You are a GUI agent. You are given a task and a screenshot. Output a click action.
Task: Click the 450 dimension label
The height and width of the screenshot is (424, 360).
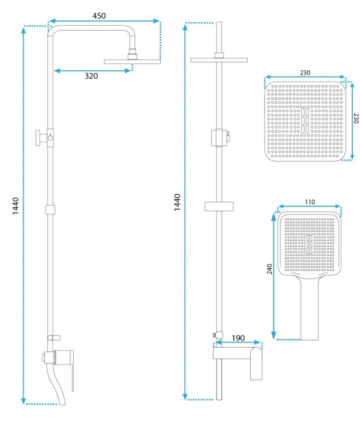[x=99, y=16]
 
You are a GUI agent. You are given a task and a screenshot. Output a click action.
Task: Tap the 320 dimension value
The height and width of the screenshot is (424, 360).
[x=91, y=76]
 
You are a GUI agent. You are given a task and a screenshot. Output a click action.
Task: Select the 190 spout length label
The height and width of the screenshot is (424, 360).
[x=238, y=338]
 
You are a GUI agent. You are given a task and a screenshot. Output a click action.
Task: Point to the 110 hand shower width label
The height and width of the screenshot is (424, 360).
[x=310, y=202]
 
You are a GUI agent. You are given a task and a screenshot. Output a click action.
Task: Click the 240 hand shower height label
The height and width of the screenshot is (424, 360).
[x=269, y=269]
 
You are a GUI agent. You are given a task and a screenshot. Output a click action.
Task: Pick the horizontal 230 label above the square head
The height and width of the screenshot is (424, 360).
[x=305, y=73]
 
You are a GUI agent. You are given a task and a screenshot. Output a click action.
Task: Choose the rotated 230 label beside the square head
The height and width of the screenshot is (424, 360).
[x=356, y=118]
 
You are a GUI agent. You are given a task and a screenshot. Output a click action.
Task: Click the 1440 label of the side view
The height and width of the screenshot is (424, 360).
[x=16, y=206]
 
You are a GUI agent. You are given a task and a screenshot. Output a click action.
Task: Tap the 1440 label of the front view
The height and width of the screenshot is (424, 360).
[x=177, y=202]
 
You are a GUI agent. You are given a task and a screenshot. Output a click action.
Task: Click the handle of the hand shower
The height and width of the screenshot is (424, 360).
[x=310, y=311]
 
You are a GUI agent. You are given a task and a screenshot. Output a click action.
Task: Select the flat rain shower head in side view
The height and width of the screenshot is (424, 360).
[x=133, y=62]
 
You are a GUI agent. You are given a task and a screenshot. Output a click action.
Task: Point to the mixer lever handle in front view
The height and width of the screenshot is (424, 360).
[x=256, y=364]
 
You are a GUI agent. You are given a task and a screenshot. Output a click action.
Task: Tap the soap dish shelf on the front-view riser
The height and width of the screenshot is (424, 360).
[x=219, y=207]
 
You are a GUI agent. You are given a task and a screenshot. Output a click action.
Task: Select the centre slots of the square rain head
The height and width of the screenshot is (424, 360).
[x=305, y=120]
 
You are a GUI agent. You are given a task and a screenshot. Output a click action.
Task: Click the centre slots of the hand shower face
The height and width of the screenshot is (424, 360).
[x=310, y=244]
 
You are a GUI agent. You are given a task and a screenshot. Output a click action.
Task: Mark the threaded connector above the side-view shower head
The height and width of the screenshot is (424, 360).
[x=133, y=54]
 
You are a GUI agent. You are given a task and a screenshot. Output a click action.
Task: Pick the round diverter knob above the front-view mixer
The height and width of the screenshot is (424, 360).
[x=218, y=335]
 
